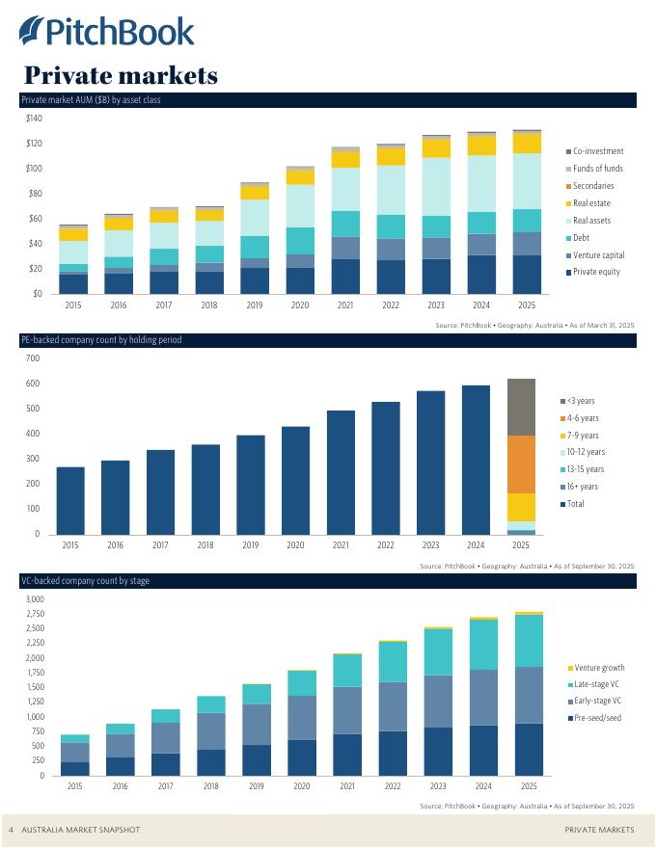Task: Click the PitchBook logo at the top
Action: click(106, 31)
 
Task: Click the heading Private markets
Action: click(121, 74)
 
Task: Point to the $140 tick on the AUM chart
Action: click(34, 119)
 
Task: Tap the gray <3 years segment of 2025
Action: click(521, 407)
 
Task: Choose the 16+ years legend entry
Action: click(585, 487)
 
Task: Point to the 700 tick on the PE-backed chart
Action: click(32, 358)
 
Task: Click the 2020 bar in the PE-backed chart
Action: click(296, 480)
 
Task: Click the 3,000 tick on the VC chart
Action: click(34, 599)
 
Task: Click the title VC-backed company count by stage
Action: click(85, 581)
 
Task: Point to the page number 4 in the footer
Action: click(11, 830)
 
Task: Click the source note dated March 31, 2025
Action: click(535, 327)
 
